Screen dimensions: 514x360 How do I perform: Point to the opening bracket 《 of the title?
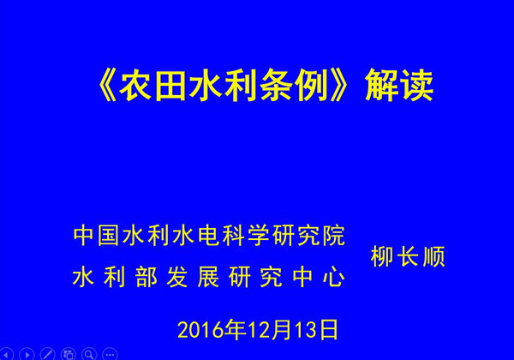click(x=106, y=86)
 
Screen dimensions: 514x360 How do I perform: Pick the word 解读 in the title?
click(x=399, y=86)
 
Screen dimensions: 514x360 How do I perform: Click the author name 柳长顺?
click(x=408, y=257)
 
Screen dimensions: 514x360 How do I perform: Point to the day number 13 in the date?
click(x=306, y=330)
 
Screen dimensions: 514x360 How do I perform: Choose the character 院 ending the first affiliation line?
click(x=334, y=236)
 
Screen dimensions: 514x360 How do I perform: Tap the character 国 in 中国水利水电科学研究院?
click(x=109, y=236)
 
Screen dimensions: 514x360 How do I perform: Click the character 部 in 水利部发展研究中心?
click(x=146, y=278)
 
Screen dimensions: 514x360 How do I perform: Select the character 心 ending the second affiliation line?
click(x=334, y=278)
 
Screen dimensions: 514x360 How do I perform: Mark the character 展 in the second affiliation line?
click(x=209, y=278)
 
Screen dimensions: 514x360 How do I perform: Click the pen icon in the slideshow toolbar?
click(x=47, y=354)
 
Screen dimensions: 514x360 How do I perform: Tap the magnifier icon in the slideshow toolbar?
click(x=89, y=354)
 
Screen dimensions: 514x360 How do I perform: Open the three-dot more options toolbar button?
click(x=110, y=354)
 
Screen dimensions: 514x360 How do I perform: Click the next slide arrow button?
click(x=27, y=354)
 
